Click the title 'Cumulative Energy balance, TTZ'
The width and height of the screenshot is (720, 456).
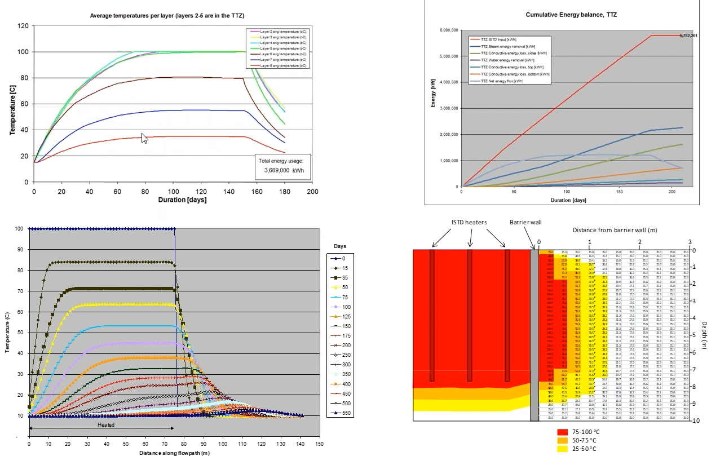pyautogui.click(x=571, y=15)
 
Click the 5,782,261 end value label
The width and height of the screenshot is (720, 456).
pyautogui.click(x=688, y=36)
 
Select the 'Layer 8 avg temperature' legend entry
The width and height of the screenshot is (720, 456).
pyautogui.click(x=279, y=65)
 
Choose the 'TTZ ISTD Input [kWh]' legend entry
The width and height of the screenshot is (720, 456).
pyautogui.click(x=499, y=39)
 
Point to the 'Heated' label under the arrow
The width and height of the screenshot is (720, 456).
pyautogui.click(x=106, y=424)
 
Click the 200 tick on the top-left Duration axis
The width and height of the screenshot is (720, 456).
pyautogui.click(x=312, y=192)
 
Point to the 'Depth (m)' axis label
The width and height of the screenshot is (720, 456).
pyautogui.click(x=705, y=335)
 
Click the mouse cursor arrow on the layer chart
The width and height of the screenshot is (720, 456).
pyautogui.click(x=144, y=139)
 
